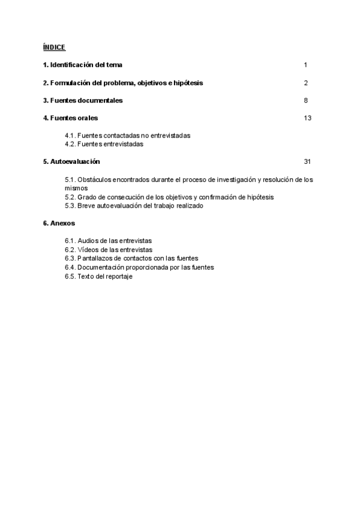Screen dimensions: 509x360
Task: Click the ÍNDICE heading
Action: pyautogui.click(x=54, y=47)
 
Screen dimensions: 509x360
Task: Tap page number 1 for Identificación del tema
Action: pyautogui.click(x=305, y=65)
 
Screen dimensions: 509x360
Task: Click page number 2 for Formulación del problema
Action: pyautogui.click(x=305, y=83)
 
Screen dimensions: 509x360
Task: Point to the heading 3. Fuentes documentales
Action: pyautogui.click(x=83, y=100)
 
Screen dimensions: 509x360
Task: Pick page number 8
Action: pyautogui.click(x=305, y=100)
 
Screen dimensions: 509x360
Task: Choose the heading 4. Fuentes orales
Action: pyautogui.click(x=70, y=118)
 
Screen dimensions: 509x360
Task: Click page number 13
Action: pyautogui.click(x=307, y=118)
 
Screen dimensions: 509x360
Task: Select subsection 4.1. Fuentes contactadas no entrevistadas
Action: pyautogui.click(x=128, y=136)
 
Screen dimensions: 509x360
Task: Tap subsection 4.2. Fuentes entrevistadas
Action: pyautogui.click(x=104, y=144)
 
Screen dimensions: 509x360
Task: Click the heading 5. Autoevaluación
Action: pyautogui.click(x=71, y=162)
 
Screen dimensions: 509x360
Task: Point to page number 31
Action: pyautogui.click(x=307, y=162)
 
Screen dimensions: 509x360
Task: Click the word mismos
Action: pyautogui.click(x=76, y=188)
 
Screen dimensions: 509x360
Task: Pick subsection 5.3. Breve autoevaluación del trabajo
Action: pyautogui.click(x=134, y=206)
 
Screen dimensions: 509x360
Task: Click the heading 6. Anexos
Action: pyautogui.click(x=59, y=223)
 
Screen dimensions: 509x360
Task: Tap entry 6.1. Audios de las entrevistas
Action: pyautogui.click(x=109, y=241)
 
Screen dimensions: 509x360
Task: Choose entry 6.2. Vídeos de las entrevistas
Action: pyautogui.click(x=109, y=250)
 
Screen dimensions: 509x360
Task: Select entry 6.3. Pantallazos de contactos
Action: pyautogui.click(x=131, y=258)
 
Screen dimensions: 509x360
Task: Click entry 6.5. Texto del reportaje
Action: pyautogui.click(x=98, y=276)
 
